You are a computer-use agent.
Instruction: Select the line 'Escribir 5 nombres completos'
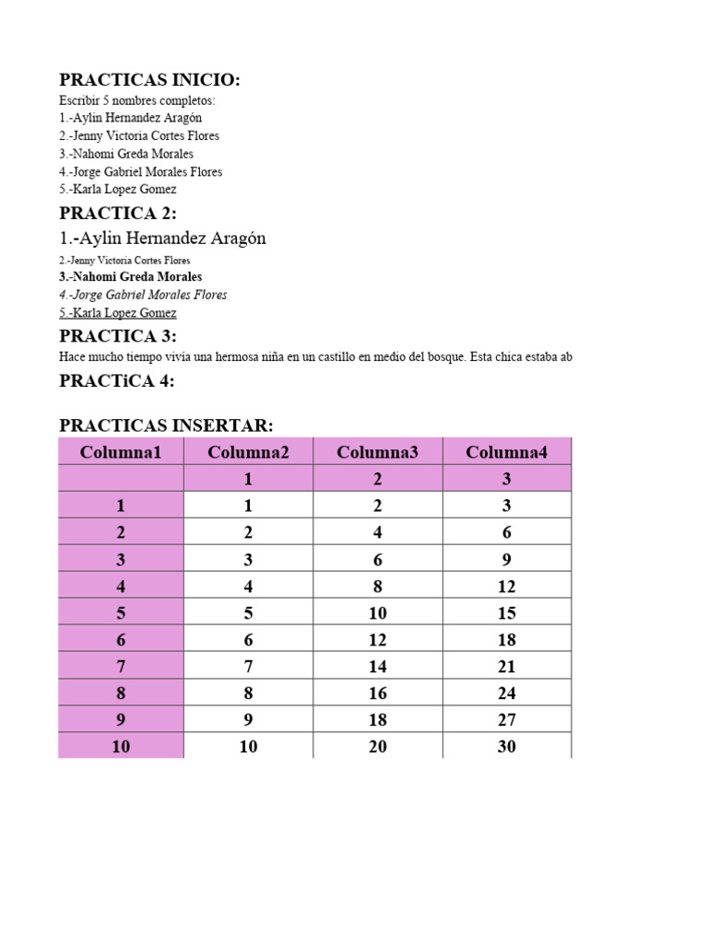[x=137, y=100]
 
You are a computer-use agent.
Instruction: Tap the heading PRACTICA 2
[x=117, y=214]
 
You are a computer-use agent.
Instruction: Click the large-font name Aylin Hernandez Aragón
[x=162, y=239]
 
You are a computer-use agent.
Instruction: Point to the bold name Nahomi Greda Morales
[x=130, y=276]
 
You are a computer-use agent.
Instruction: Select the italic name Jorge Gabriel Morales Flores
[x=143, y=295]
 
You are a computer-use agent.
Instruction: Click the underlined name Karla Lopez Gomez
[x=118, y=313]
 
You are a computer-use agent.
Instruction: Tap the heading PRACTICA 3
[x=117, y=335]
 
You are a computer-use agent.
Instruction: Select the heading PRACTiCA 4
[x=116, y=381]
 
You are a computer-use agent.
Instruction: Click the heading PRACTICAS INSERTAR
[x=166, y=425]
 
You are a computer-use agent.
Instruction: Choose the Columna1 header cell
[x=121, y=451]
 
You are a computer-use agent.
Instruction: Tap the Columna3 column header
[x=378, y=451]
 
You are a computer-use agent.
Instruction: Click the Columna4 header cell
[x=507, y=451]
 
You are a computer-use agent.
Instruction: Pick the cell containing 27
[x=507, y=720]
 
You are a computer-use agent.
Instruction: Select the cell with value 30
[x=507, y=747]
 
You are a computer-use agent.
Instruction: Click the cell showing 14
[x=378, y=666]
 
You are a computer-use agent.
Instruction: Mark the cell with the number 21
[x=507, y=666]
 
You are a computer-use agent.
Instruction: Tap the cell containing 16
[x=378, y=693]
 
